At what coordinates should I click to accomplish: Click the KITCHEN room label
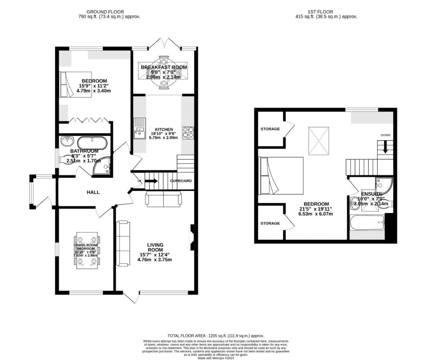(161, 129)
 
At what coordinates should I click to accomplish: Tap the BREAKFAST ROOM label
(164, 67)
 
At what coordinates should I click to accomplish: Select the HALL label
(93, 192)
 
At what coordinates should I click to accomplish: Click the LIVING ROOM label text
(155, 247)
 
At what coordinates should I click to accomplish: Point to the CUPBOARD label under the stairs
(181, 181)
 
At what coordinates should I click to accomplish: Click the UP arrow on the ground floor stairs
(151, 181)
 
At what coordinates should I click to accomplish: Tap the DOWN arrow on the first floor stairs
(385, 146)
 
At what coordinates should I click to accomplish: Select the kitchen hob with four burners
(188, 132)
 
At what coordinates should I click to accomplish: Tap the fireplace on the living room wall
(192, 237)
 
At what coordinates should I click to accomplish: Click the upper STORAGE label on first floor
(270, 129)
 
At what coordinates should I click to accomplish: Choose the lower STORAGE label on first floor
(270, 223)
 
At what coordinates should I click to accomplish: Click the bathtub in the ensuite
(367, 223)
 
